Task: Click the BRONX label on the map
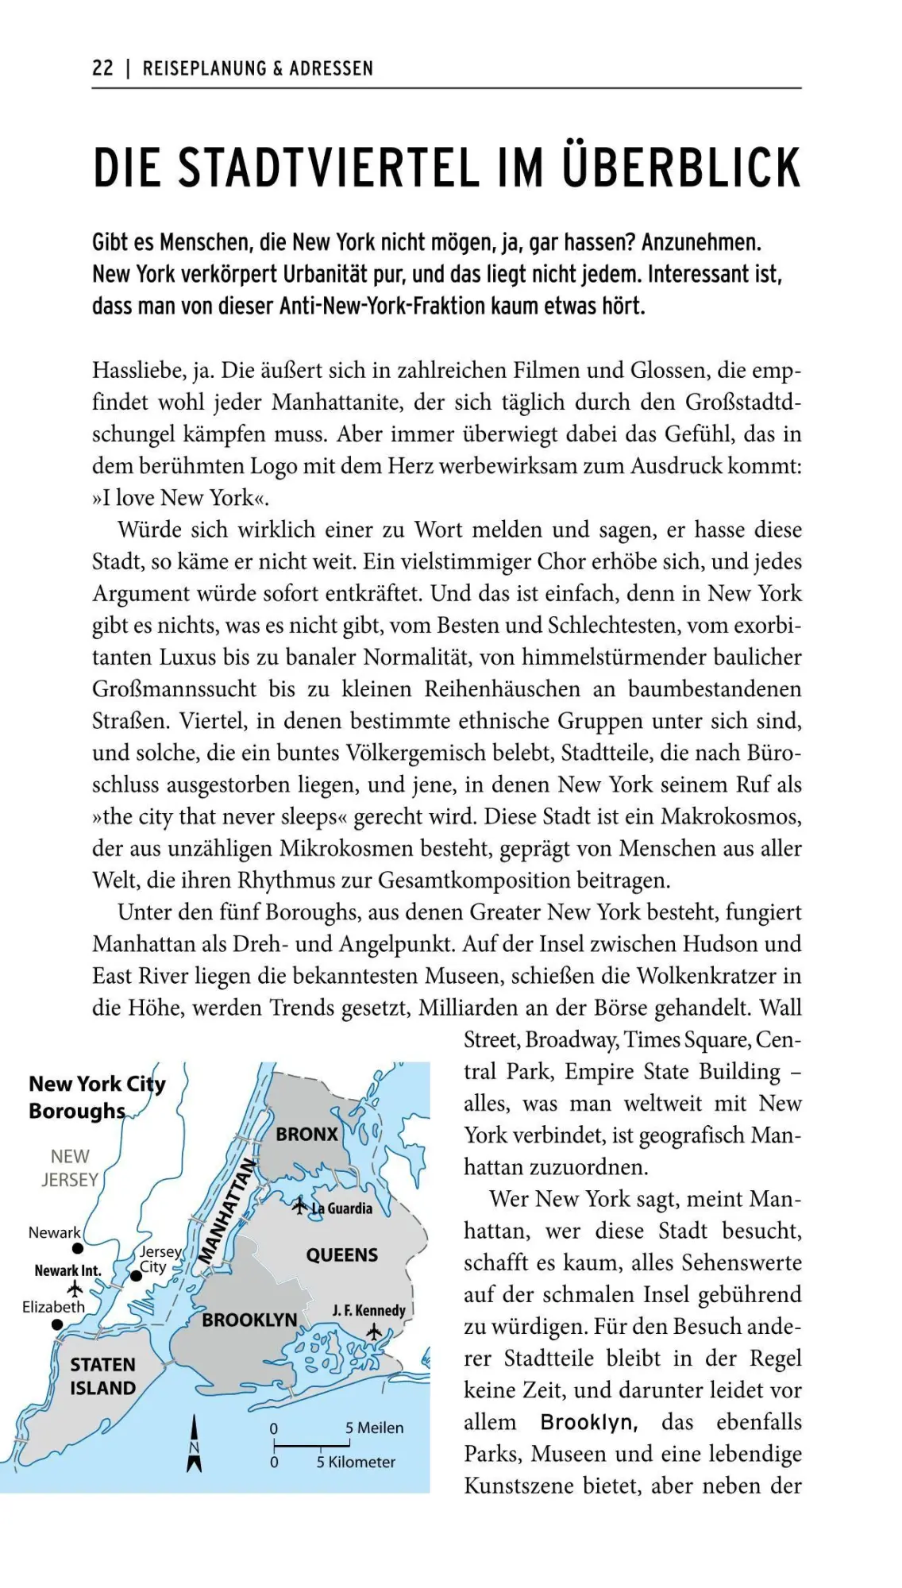(x=306, y=1135)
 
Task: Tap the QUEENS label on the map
(x=342, y=1255)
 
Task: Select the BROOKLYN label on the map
(x=249, y=1320)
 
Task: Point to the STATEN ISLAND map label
(x=102, y=1376)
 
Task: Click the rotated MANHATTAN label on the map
(x=227, y=1211)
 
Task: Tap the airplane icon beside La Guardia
(x=299, y=1207)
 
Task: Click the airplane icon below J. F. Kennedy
(x=374, y=1332)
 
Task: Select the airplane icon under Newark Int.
(x=75, y=1287)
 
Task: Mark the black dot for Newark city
(x=78, y=1249)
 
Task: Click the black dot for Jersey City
(x=136, y=1276)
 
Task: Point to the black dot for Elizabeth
(x=57, y=1324)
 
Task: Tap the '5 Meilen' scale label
(x=374, y=1428)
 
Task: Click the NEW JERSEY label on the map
(x=70, y=1168)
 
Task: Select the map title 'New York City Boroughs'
(x=97, y=1097)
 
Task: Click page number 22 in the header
(x=102, y=68)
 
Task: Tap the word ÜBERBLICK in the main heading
(x=681, y=168)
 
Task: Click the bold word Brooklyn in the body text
(x=588, y=1422)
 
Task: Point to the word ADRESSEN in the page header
(x=330, y=68)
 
